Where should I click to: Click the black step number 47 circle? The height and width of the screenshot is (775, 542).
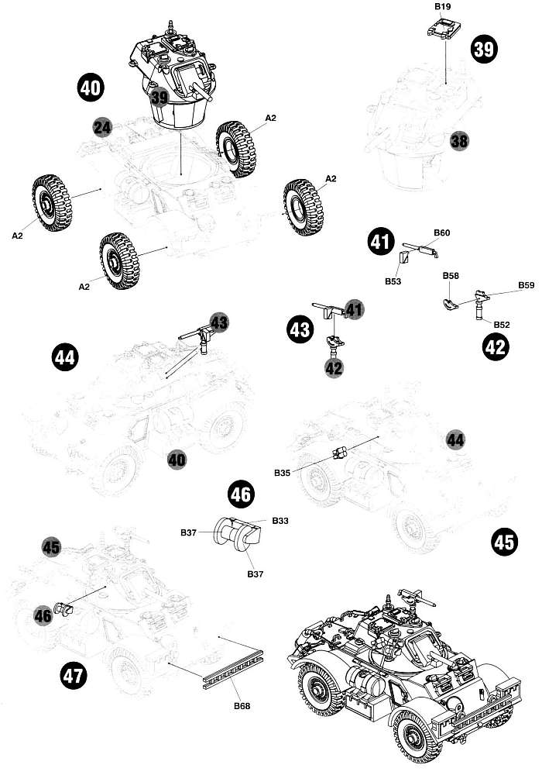tap(73, 677)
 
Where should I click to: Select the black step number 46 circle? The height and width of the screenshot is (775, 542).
tap(241, 494)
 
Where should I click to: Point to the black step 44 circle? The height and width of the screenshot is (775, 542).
tap(65, 357)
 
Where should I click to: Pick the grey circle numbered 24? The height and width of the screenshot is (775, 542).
tap(102, 126)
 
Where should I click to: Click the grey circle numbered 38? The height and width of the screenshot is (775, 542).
tap(460, 140)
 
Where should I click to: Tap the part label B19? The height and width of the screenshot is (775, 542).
tap(443, 6)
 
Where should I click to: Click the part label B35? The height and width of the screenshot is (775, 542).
tap(283, 471)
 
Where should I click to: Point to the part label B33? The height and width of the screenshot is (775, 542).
tap(280, 521)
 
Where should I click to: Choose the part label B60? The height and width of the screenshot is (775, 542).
tap(442, 233)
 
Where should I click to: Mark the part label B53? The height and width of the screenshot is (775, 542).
tap(393, 282)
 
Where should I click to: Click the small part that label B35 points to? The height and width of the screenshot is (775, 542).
tap(338, 453)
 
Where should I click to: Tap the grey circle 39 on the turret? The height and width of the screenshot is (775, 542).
tap(160, 98)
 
